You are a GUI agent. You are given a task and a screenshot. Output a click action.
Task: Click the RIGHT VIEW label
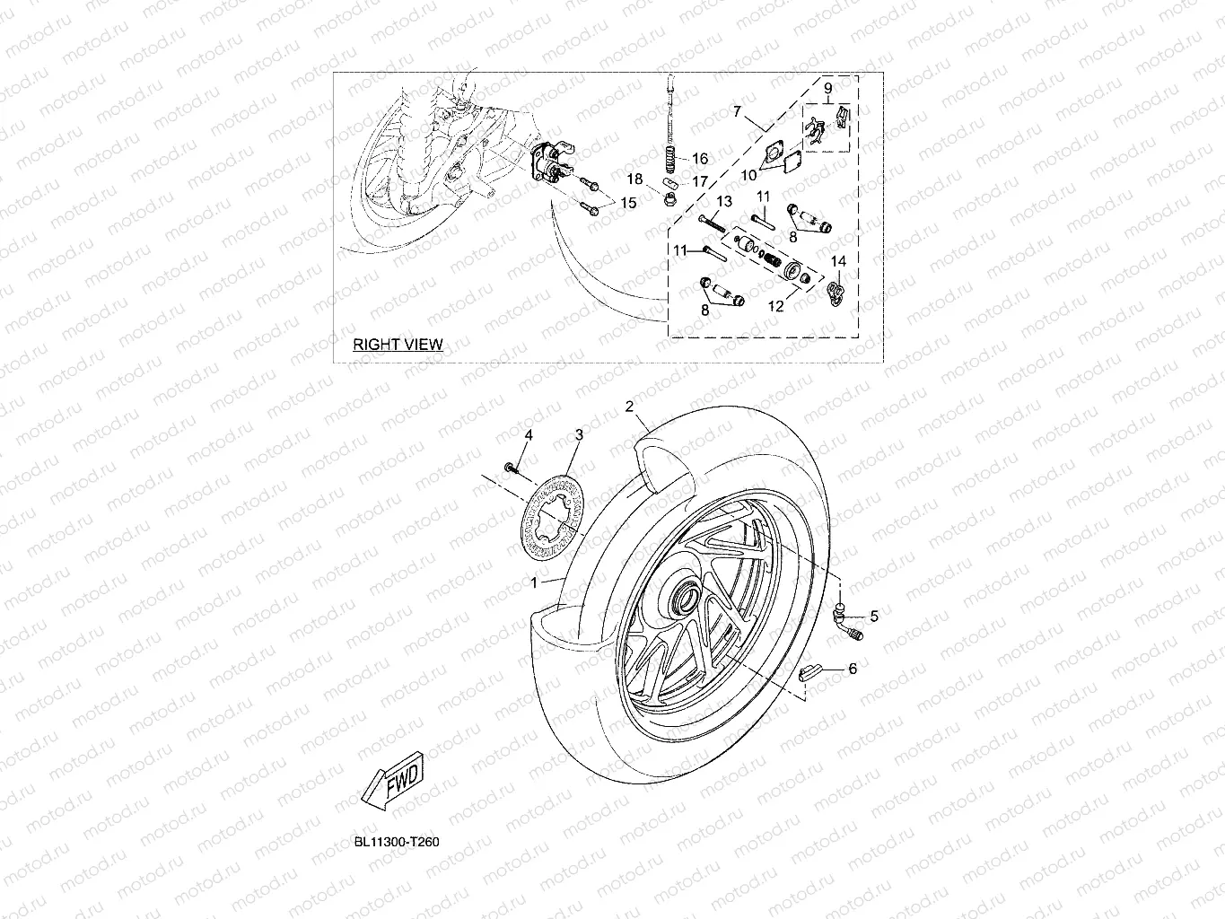tap(397, 344)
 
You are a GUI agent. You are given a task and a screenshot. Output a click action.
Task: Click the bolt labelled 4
tap(511, 467)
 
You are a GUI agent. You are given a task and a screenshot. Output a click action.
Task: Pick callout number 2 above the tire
tap(630, 407)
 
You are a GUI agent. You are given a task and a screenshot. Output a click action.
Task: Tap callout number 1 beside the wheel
tap(534, 582)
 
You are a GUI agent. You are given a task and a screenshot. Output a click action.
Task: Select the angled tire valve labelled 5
tap(845, 621)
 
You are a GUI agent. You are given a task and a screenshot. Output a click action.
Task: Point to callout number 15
tap(628, 204)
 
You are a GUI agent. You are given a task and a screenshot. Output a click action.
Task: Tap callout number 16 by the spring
tap(700, 159)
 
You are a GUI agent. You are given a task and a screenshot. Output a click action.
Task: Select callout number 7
tap(737, 112)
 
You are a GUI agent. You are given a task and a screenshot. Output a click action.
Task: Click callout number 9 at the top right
tap(827, 88)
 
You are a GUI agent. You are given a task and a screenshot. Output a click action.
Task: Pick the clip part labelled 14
tap(835, 293)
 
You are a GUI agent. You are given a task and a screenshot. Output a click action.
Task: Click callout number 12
tap(775, 306)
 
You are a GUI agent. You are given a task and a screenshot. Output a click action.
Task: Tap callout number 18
tap(634, 179)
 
